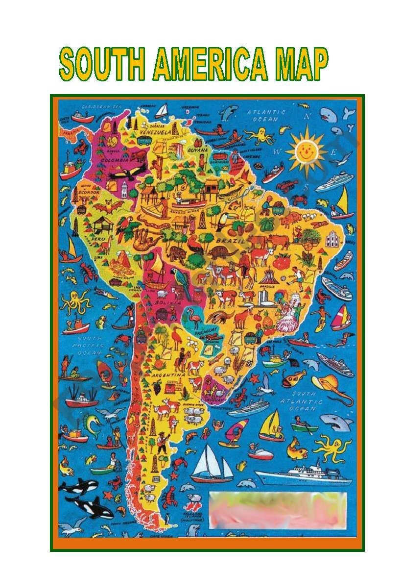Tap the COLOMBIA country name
(x=115, y=160)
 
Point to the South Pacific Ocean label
(x=85, y=345)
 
